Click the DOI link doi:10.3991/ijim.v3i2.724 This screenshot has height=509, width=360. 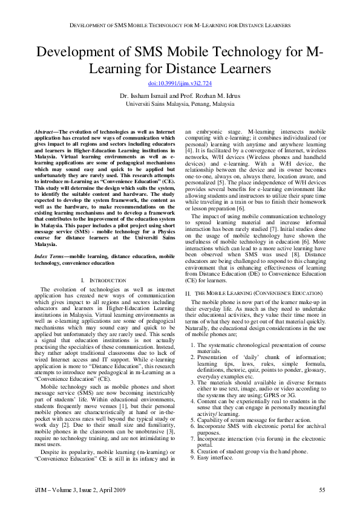tap(180, 83)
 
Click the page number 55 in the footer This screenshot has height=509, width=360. tap(322, 489)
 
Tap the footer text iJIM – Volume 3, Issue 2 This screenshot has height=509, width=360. tap(67, 489)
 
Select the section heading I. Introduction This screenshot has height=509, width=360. tap(103, 280)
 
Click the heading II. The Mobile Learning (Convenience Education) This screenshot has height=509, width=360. tap(254, 293)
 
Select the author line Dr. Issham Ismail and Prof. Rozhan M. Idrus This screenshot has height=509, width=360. tap(180, 96)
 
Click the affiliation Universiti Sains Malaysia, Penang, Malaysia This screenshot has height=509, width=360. tap(180, 103)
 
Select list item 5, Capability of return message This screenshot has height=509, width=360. tap(242, 420)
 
